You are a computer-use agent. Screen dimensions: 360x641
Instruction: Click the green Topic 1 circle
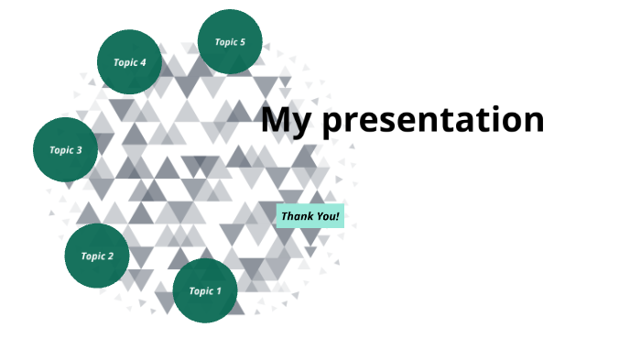pyautogui.click(x=205, y=290)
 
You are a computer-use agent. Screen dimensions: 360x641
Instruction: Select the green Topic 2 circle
pyautogui.click(x=97, y=256)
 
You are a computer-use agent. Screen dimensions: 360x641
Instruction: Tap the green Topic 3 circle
pyautogui.click(x=65, y=149)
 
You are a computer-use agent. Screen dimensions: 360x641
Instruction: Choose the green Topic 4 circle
pyautogui.click(x=129, y=62)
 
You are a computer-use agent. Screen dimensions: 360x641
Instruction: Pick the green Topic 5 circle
pyautogui.click(x=230, y=42)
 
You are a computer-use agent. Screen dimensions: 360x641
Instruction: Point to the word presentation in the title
pyautogui.click(x=433, y=121)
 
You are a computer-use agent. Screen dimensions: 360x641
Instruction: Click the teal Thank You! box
pyautogui.click(x=310, y=216)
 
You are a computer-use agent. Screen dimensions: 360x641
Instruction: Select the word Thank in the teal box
pyautogui.click(x=298, y=216)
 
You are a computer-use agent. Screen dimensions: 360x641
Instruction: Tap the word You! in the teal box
pyautogui.click(x=328, y=216)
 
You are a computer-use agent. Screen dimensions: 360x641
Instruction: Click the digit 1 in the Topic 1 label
pyautogui.click(x=218, y=291)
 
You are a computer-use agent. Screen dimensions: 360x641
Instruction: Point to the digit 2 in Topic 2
pyautogui.click(x=111, y=256)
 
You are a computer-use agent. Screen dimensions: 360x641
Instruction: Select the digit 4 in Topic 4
pyautogui.click(x=143, y=62)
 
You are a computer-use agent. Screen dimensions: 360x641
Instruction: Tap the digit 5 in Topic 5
pyautogui.click(x=243, y=42)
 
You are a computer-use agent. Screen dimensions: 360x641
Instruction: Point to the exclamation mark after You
pyautogui.click(x=338, y=216)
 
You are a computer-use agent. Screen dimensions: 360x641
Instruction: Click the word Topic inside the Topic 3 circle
pyautogui.click(x=60, y=150)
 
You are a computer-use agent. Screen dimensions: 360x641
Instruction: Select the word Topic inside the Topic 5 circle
pyautogui.click(x=225, y=42)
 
